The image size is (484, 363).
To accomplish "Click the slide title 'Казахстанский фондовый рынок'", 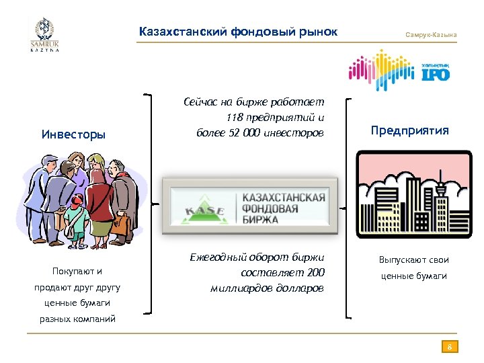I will pyautogui.click(x=238, y=32).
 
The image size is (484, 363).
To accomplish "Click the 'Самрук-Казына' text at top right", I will pyautogui.click(x=431, y=34).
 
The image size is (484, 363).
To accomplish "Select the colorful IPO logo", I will pyautogui.click(x=399, y=71).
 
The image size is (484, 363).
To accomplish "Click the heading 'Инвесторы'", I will pyautogui.click(x=73, y=134).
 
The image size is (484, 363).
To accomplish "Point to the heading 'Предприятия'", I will pyautogui.click(x=409, y=130).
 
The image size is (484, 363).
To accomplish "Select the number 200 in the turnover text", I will pyautogui.click(x=315, y=272).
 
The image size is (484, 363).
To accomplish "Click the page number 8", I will pyautogui.click(x=450, y=347).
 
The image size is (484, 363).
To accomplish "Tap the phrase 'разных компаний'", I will pyautogui.click(x=77, y=319).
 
